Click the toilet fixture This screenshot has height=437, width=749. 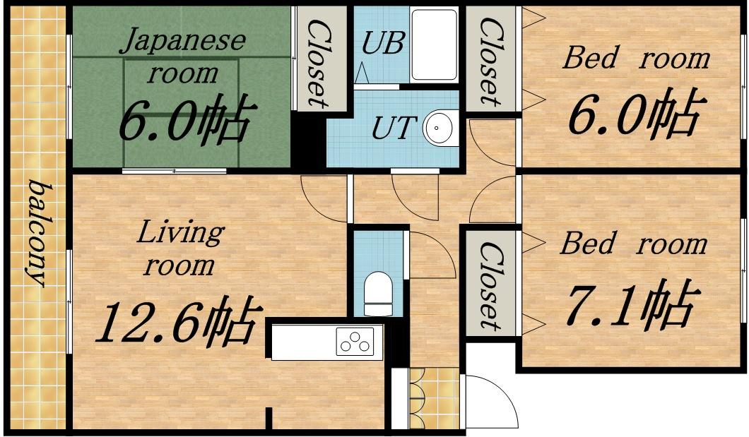(378, 294)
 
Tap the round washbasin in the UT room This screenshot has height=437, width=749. (437, 128)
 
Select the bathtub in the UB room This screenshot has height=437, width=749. (435, 44)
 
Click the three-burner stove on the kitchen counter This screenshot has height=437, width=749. (355, 341)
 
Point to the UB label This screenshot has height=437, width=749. (383, 43)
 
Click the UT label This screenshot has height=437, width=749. (391, 128)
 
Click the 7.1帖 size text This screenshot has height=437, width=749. (630, 305)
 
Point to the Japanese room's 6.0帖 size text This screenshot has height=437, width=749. (184, 119)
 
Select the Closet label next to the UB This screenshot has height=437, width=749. (490, 61)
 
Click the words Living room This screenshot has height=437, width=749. (180, 248)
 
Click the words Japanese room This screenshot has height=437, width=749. (183, 56)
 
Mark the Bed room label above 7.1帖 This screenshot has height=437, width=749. (633, 244)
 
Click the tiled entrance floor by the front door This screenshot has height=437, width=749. (435, 399)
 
